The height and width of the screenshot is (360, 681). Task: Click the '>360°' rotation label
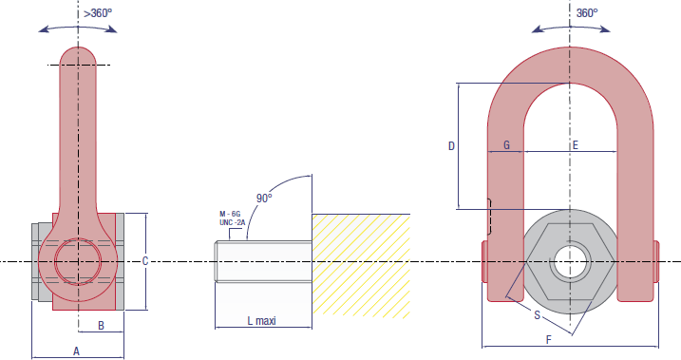[97, 13]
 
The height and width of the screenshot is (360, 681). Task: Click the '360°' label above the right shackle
[588, 13]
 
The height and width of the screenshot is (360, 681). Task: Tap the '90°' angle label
[264, 198]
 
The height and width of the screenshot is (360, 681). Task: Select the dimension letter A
[76, 351]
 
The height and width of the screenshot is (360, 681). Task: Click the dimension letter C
[144, 260]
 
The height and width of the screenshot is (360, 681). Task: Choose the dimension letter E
[575, 145]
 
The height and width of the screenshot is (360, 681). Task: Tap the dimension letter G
[506, 145]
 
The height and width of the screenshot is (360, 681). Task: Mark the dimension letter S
[538, 313]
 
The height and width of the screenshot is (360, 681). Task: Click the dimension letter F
[548, 339]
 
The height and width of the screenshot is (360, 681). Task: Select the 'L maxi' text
[254, 321]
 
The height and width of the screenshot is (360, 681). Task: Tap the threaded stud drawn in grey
[263, 261]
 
